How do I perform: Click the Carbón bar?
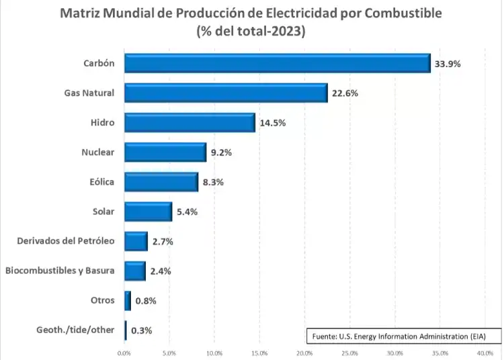click(x=277, y=63)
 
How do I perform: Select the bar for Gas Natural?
click(x=226, y=93)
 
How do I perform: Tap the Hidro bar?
click(x=190, y=122)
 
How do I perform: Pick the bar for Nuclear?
click(x=165, y=152)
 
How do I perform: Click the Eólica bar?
click(x=161, y=182)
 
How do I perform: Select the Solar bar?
click(x=148, y=212)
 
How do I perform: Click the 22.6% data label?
click(x=345, y=93)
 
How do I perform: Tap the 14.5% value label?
click(x=273, y=123)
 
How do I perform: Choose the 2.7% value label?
click(x=163, y=242)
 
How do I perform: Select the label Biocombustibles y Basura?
click(x=60, y=271)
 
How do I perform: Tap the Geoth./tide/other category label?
click(x=75, y=330)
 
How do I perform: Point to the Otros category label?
click(x=102, y=300)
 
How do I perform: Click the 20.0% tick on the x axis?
click(x=304, y=352)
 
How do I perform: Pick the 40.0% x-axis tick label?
click(x=485, y=352)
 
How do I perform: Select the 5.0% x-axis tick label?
click(x=169, y=352)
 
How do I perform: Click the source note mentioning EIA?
click(x=397, y=335)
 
